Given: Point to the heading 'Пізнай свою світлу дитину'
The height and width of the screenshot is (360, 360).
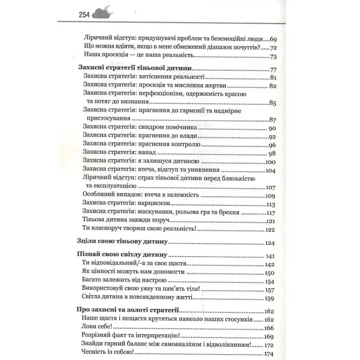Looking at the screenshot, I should tap(123, 256).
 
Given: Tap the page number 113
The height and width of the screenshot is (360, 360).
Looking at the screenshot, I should tap(271, 204).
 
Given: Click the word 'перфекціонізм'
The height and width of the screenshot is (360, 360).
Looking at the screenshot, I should tap(159, 94).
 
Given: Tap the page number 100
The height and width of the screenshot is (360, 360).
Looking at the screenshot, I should tap(271, 162).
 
